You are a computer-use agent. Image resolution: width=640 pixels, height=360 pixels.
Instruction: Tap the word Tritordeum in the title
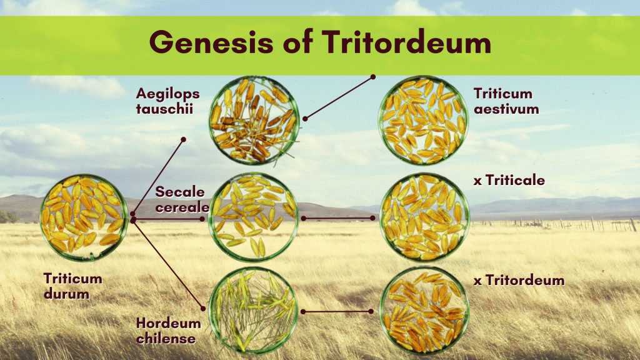pyautogui.click(x=406, y=42)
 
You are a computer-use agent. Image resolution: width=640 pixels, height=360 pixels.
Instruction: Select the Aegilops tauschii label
pyautogui.click(x=167, y=101)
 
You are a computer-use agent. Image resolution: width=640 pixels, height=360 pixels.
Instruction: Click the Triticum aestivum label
pyautogui.click(x=506, y=101)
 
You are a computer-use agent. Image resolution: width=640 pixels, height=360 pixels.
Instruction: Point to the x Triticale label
pyautogui.click(x=509, y=181)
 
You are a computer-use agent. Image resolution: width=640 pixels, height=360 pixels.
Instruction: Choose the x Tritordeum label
pyautogui.click(x=519, y=281)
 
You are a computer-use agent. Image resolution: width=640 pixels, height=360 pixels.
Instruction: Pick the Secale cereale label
pyautogui.click(x=182, y=199)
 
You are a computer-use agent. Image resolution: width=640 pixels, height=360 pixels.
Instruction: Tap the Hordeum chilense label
pyautogui.click(x=168, y=331)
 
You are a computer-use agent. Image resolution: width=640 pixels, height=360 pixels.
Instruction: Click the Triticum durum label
pyautogui.click(x=72, y=286)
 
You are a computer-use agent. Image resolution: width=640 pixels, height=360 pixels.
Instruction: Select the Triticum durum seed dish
pyautogui.click(x=84, y=217)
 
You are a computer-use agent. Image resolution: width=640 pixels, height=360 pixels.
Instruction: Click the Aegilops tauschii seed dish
pyautogui.click(x=254, y=121)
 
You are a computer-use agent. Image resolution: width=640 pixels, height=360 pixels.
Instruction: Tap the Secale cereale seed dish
pyautogui.click(x=253, y=217)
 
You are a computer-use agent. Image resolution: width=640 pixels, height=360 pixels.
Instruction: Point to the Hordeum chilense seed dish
pyautogui.click(x=253, y=311)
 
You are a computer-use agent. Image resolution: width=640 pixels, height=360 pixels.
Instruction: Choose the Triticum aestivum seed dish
pyautogui.click(x=423, y=121)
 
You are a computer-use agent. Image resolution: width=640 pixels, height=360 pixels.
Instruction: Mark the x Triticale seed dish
pyautogui.click(x=424, y=217)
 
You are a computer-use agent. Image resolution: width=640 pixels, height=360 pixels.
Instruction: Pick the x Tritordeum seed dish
pyautogui.click(x=424, y=311)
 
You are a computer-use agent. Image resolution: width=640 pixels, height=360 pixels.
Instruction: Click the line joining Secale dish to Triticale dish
pyautogui.click(x=338, y=218)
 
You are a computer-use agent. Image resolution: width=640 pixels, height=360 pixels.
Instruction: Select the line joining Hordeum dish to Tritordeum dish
pyautogui.click(x=337, y=311)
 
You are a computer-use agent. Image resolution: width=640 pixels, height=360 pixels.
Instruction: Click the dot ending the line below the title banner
pyautogui.click(x=372, y=76)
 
